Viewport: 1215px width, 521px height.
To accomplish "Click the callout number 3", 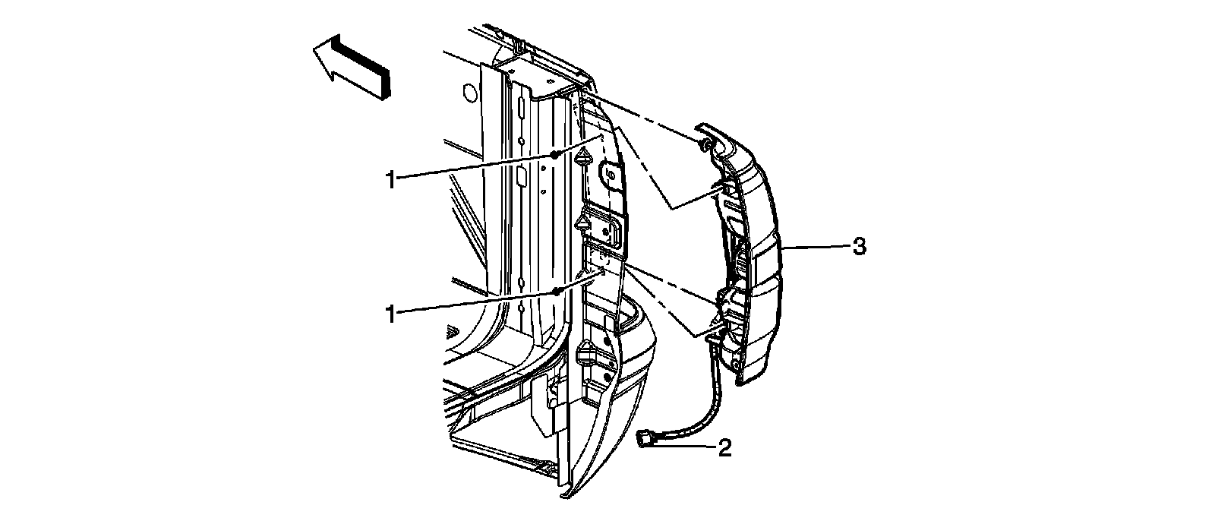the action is point(858,247).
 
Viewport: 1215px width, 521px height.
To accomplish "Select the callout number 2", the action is point(724,448).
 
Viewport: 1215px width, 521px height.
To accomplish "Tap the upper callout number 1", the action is point(390,180).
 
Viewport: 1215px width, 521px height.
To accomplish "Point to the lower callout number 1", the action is point(390,313).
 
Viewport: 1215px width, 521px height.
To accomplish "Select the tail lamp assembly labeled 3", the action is point(752,251).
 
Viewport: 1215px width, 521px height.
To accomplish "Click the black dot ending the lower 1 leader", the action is point(557,290).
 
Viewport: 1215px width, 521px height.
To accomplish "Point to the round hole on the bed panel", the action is point(469,94).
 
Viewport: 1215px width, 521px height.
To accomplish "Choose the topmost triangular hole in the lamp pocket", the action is point(584,158).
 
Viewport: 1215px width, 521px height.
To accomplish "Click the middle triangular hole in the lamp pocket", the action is point(584,223).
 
